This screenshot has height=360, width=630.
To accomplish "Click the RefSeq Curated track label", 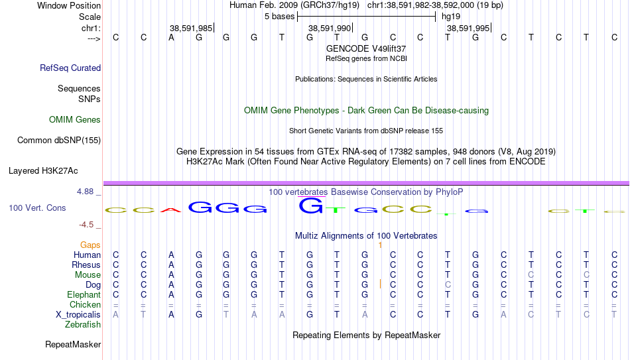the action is pos(70,68).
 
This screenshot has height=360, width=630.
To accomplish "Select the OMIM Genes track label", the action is pos(75,120).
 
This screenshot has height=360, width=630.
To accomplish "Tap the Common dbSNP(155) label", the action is pos(59,141).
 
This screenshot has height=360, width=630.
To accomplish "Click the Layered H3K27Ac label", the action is pos(43,171).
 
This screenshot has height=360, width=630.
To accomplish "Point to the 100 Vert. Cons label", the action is pos(37,208).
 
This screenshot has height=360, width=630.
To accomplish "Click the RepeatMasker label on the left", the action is pos(73,344).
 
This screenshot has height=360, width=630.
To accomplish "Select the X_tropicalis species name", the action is pos(78,315).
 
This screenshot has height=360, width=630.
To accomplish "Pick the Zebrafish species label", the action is pos(83,324).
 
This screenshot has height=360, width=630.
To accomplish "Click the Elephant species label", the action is pos(84,294).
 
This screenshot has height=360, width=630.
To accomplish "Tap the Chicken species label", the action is pos(85,304).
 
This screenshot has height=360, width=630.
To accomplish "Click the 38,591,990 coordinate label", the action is pos(330,28).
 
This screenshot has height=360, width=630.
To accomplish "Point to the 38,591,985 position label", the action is pos(191,28).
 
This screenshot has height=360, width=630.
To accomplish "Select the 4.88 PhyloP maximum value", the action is pos(85,192).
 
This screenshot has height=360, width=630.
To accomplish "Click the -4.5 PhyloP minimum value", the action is pos(86,225).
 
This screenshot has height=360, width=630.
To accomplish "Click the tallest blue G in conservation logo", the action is pos(310,206).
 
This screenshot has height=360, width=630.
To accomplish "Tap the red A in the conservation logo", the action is pos(171,210).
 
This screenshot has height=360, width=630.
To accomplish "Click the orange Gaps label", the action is pos(90,245).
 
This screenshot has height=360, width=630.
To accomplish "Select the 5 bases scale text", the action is pos(280,17).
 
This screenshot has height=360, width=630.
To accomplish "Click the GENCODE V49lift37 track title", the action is pos(366,48).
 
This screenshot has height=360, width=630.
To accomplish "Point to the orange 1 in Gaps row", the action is pos(380,245).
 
